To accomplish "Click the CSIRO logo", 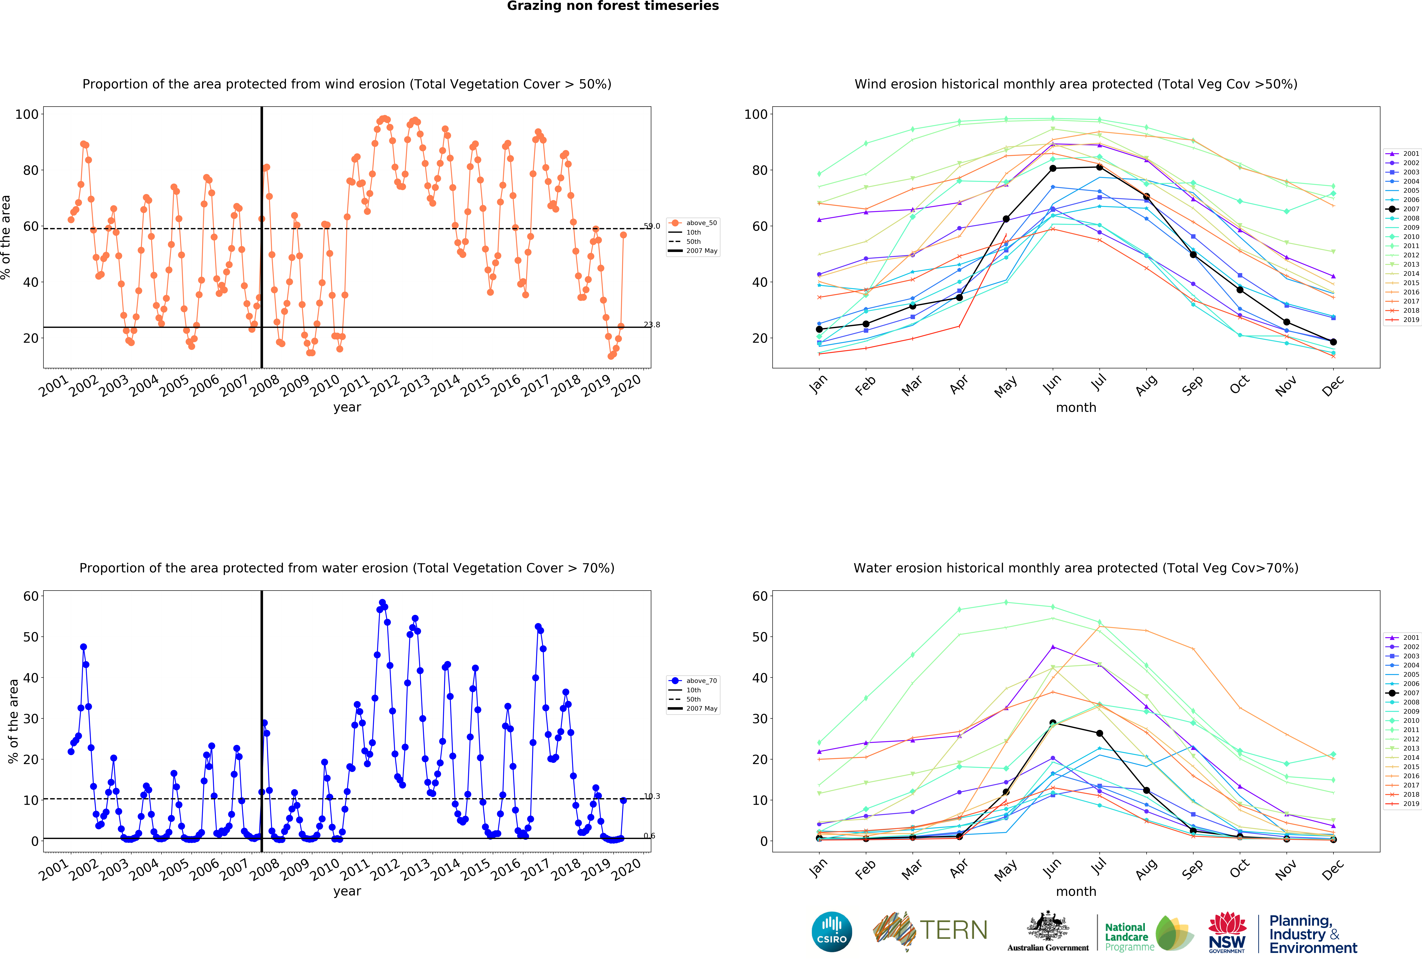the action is point(832,932).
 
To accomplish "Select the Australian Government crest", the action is point(1048,926).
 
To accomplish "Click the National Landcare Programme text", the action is point(1129,937).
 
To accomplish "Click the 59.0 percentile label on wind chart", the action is point(652,226).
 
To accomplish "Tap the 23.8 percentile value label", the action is point(652,325).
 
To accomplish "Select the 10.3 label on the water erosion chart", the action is point(652,797).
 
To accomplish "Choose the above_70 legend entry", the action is point(693,681).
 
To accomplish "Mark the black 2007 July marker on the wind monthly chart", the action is point(1100,167).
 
